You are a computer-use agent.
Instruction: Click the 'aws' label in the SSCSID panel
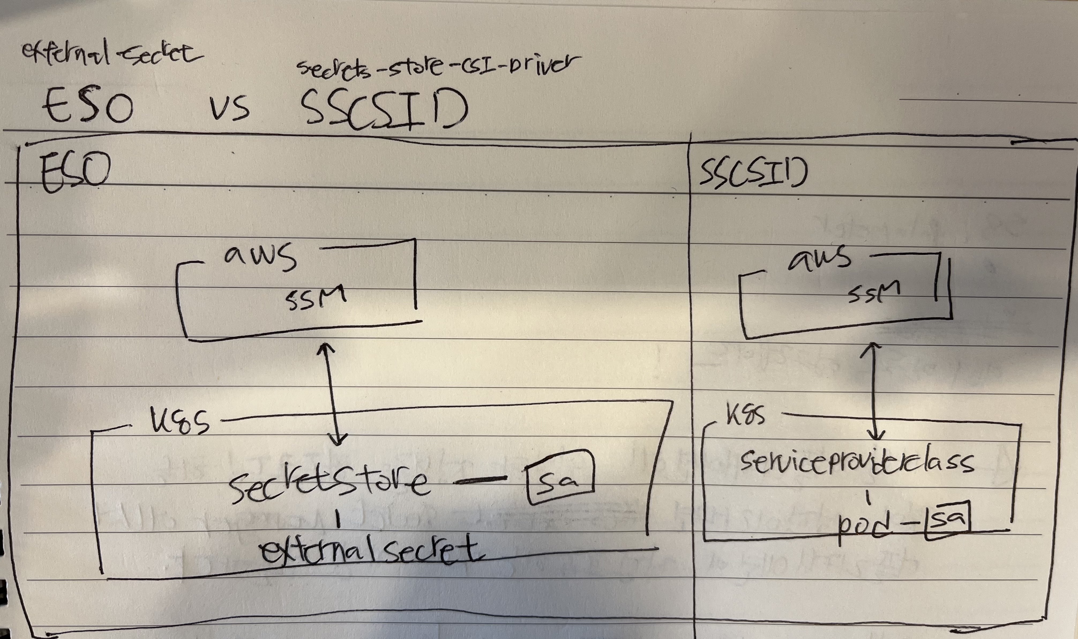(x=819, y=258)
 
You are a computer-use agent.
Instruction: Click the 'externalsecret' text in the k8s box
(x=370, y=551)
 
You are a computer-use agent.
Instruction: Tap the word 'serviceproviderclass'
(x=856, y=462)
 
